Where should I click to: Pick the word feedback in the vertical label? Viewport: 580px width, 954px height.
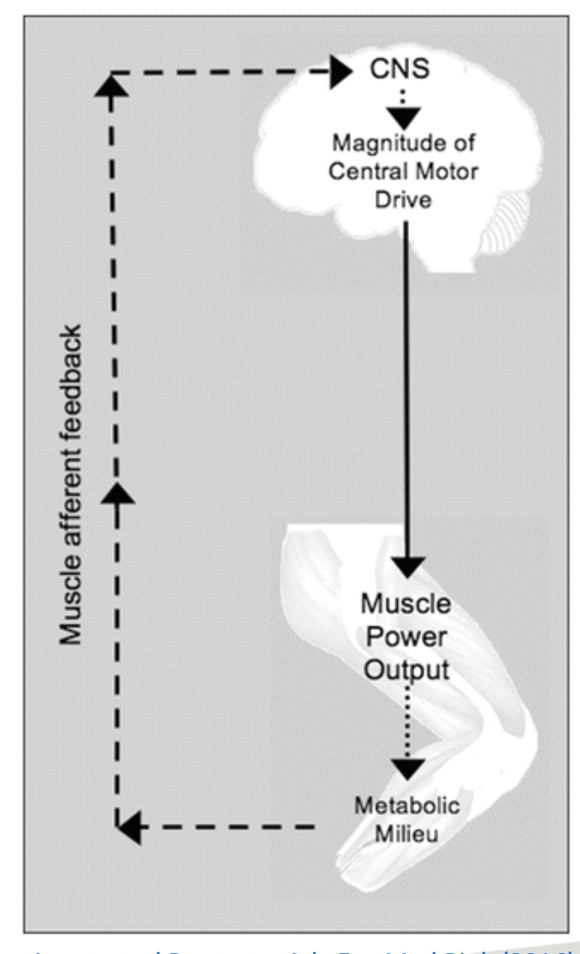point(73,367)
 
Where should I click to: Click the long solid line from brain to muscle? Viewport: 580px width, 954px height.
point(407,384)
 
